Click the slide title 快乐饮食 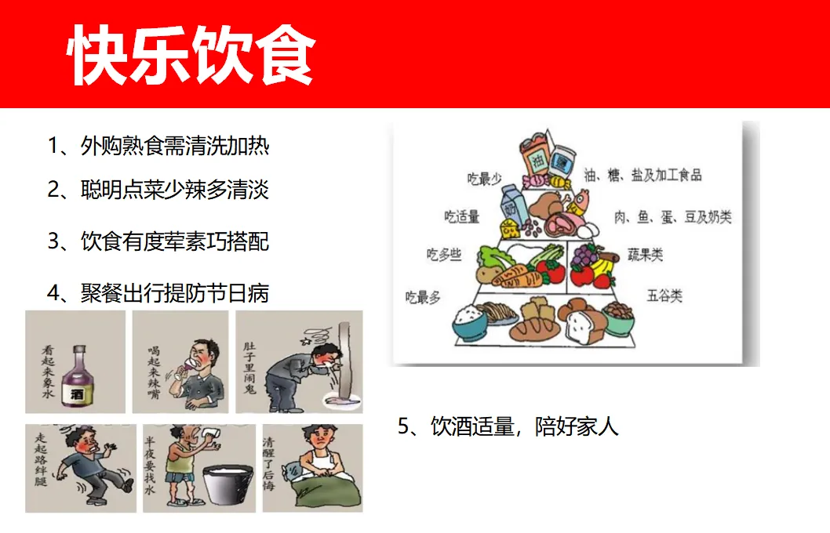click(x=191, y=54)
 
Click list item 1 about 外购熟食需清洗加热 click(x=158, y=146)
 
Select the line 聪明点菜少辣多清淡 click(x=158, y=190)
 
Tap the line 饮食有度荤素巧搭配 click(x=158, y=241)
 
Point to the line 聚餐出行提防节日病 click(x=158, y=293)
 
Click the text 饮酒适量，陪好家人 click(x=508, y=426)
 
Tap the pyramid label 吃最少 click(x=484, y=179)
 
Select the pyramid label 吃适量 click(x=461, y=216)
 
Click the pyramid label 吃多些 click(x=443, y=255)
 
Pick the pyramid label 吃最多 click(x=422, y=297)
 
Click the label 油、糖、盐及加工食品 click(x=643, y=175)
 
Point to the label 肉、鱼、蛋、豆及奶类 click(x=673, y=217)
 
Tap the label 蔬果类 click(x=646, y=255)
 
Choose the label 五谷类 click(x=664, y=295)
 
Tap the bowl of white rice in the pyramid click(x=470, y=321)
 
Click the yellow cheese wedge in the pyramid click(x=510, y=229)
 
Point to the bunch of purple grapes click(x=585, y=256)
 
